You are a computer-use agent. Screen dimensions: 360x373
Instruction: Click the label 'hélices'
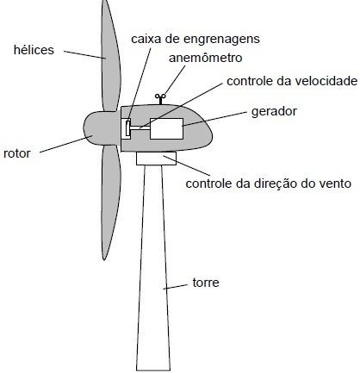(x=34, y=50)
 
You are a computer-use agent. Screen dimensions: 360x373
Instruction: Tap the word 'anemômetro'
(x=206, y=58)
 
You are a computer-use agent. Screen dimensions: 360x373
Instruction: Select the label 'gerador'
(x=274, y=111)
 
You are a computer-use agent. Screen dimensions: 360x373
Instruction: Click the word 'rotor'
(x=17, y=153)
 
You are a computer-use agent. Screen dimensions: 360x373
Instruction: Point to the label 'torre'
(x=206, y=283)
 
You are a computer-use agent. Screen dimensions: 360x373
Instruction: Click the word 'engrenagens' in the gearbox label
(x=221, y=40)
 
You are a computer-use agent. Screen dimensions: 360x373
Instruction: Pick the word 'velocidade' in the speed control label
(x=323, y=81)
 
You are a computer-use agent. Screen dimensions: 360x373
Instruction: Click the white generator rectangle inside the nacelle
(x=166, y=128)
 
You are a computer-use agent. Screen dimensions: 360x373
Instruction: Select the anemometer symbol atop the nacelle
(x=160, y=99)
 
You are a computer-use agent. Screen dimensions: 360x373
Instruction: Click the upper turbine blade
(x=110, y=58)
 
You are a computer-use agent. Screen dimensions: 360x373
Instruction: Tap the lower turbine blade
(x=110, y=201)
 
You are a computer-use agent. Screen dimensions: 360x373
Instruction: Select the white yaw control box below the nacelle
(x=156, y=159)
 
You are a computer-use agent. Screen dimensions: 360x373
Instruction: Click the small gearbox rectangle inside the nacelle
(x=126, y=128)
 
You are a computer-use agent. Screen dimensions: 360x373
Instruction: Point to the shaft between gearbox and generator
(x=140, y=128)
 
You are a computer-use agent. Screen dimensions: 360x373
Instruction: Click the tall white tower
(x=153, y=267)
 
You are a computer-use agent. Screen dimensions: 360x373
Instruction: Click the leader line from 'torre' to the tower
(x=175, y=287)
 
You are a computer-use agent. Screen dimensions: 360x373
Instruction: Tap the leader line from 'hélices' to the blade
(x=84, y=55)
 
